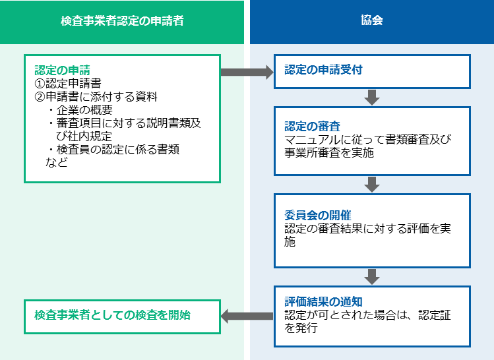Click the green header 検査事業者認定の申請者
pos(122,21)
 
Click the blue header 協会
pos(372,20)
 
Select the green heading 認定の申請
pos(63,70)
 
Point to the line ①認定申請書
pos(68,84)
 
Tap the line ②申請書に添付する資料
pos(96,97)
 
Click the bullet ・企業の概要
pos(80,110)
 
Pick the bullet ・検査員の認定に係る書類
pos(113,149)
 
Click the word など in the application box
pos(57,162)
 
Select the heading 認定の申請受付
pos(324,70)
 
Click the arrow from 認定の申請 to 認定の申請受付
pos(247,72)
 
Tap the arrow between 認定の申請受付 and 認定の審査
pos(372,98)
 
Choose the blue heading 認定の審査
pos(312,127)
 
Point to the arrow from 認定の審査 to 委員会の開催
pos(372,185)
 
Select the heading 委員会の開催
pos(318,216)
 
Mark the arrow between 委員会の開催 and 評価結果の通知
pos(372,277)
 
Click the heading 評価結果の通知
pos(324,302)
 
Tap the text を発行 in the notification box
pos(301,328)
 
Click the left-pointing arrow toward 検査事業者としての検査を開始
pos(247,316)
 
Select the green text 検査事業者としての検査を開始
pos(113,315)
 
